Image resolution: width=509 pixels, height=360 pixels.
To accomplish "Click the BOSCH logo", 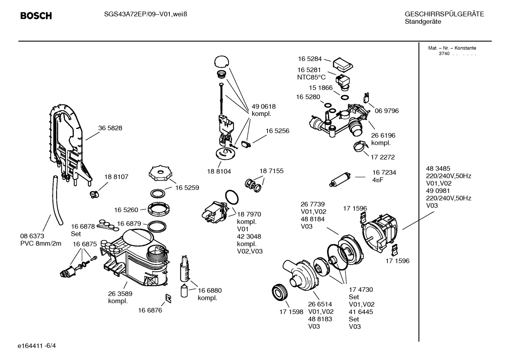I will [36, 16].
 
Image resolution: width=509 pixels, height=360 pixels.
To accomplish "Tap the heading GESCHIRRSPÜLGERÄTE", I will [444, 14].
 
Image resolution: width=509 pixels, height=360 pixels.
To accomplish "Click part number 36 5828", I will [110, 128].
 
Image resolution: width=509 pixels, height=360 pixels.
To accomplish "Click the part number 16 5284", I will [310, 59].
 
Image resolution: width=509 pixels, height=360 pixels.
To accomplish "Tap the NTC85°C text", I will [311, 77].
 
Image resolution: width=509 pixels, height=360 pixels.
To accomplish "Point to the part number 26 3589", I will [120, 294].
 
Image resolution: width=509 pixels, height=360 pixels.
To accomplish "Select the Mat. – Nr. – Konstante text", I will [452, 48].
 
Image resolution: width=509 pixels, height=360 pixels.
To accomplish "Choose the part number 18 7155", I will [271, 171].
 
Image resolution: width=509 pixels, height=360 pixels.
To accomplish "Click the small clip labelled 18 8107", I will [93, 193].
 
